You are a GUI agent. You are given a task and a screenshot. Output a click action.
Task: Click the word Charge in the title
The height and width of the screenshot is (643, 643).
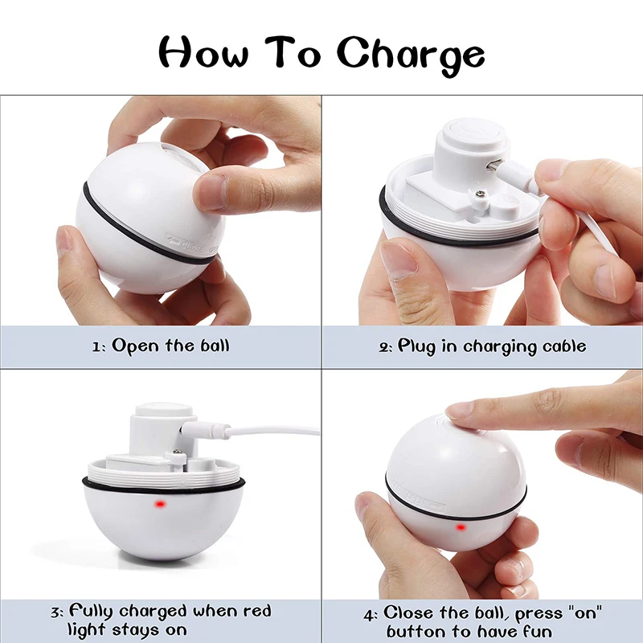coord(410,55)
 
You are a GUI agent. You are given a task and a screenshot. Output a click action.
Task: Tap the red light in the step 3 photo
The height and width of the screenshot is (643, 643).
coord(160,504)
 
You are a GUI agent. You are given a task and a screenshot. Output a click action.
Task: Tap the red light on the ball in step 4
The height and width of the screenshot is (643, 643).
coord(461,527)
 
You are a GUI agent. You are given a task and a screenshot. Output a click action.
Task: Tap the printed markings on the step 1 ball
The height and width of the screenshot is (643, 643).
coord(184,241)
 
